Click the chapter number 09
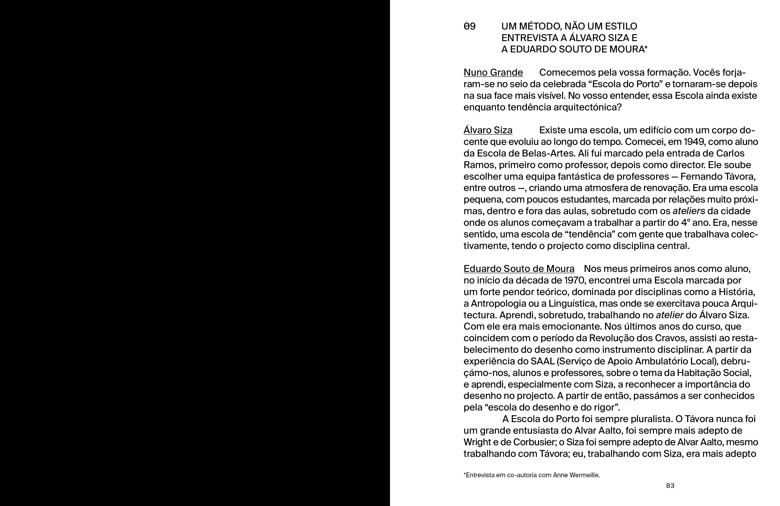click(x=469, y=26)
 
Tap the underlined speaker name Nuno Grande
click(x=493, y=72)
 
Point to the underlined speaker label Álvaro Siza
click(x=488, y=130)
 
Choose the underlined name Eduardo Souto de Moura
click(x=519, y=269)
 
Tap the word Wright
click(x=476, y=442)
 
